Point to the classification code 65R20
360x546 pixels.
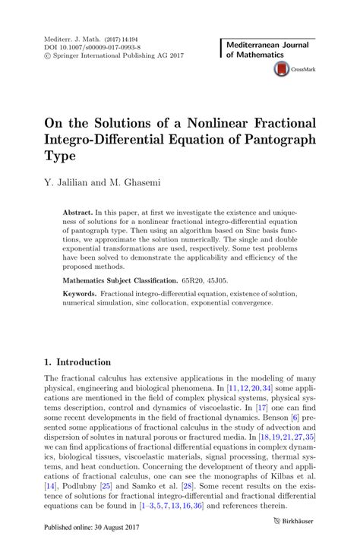(x=212, y=291)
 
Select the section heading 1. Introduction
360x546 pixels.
(x=77, y=362)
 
